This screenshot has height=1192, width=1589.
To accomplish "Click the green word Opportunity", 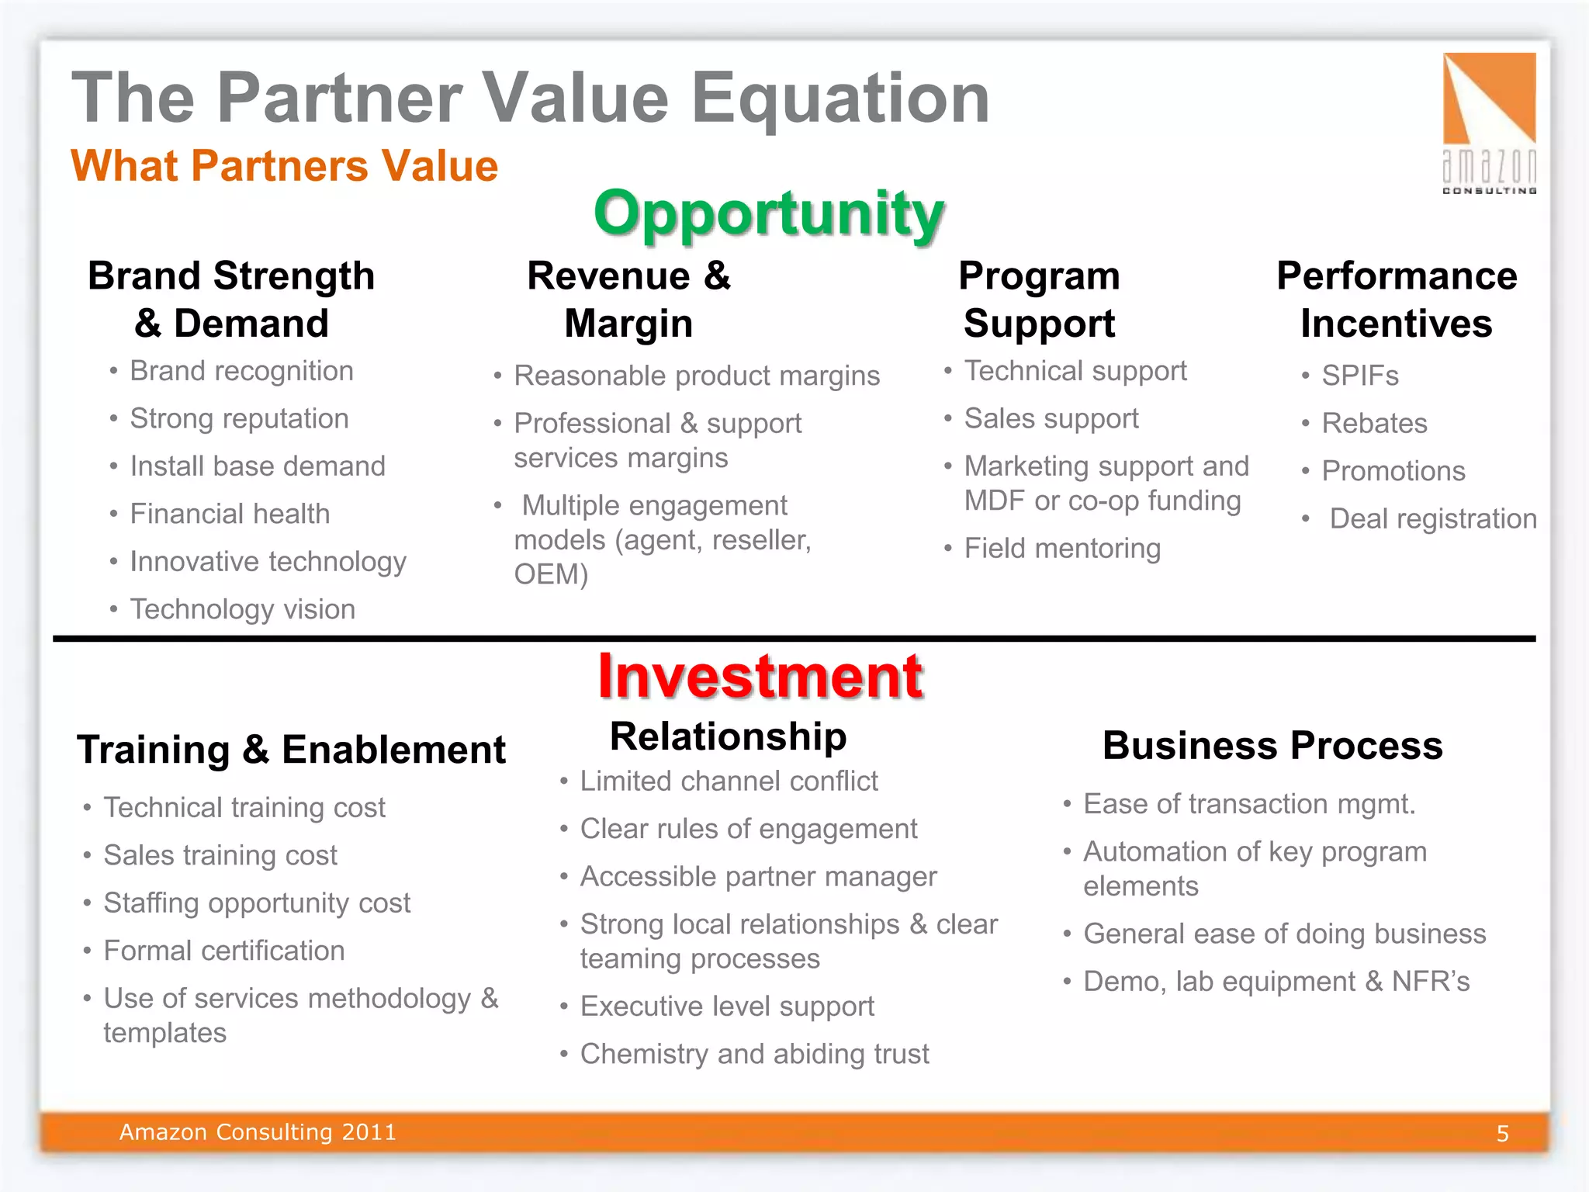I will (768, 213).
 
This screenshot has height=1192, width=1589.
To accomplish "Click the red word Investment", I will (760, 677).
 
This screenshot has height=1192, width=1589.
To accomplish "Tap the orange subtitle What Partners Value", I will (284, 166).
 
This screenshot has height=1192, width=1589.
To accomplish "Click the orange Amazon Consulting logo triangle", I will (1489, 98).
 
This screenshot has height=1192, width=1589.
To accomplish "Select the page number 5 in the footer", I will (1502, 1134).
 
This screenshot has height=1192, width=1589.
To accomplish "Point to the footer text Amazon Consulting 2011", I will (258, 1132).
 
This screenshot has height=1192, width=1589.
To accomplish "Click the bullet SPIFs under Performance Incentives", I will (1359, 376).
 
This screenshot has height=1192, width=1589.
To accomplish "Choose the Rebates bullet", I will (1374, 424).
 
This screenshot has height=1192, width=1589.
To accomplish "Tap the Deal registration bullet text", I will (1432, 518).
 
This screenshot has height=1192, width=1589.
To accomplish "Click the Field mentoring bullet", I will (1062, 549).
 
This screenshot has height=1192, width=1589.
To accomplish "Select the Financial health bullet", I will (230, 514).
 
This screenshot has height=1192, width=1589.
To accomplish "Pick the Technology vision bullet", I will (242, 609).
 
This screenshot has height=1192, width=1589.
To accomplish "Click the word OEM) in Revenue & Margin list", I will (551, 574).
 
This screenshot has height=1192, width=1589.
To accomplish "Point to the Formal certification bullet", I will (224, 951).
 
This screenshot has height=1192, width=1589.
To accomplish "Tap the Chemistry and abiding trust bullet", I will (754, 1054).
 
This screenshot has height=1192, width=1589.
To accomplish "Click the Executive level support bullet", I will (727, 1007).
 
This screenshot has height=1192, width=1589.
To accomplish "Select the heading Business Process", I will (1272, 746).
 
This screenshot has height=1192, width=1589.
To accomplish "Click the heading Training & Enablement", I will (291, 750).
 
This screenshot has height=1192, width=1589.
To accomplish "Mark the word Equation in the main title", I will (840, 98).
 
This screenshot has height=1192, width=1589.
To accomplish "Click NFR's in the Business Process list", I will (1431, 982).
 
